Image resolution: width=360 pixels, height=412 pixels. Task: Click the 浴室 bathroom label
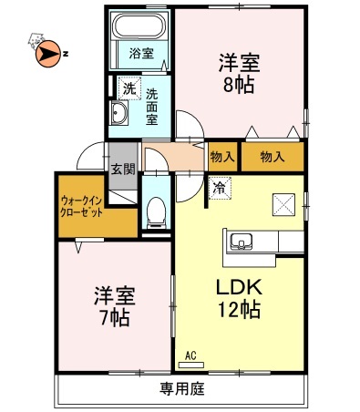point(140,51)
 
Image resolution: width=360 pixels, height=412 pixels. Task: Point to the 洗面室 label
point(152,105)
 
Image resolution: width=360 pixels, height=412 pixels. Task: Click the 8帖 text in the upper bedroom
point(239,84)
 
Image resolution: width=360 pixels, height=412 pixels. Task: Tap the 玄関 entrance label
point(123,169)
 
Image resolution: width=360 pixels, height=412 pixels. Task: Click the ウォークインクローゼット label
point(82,204)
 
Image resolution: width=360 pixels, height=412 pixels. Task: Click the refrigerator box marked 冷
point(221,189)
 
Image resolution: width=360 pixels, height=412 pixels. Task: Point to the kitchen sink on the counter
point(242,242)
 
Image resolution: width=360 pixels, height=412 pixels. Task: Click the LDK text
point(238,285)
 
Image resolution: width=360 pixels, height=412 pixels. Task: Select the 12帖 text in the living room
point(239,310)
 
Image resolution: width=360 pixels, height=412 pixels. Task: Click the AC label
point(191,355)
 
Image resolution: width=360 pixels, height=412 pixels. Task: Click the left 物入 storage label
point(223,156)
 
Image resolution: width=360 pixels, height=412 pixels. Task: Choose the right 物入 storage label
point(273,156)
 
